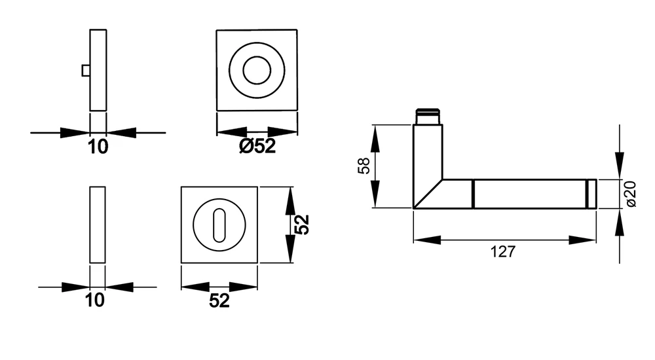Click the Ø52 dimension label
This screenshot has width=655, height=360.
point(257,146)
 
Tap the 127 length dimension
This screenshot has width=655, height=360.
point(503,252)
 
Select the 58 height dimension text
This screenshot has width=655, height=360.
point(364,166)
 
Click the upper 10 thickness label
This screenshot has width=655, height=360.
point(98,147)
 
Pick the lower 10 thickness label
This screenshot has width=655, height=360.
point(95,300)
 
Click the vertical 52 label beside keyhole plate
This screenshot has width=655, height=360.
point(303,225)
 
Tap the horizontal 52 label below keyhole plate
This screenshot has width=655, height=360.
point(219,301)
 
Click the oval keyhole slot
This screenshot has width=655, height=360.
point(219,225)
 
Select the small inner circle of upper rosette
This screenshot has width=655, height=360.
point(257,70)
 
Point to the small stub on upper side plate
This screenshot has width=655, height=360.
point(86,71)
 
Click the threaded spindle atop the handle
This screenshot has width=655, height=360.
point(428,117)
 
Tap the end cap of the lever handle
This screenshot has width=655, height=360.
point(591,194)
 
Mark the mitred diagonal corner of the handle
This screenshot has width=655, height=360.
point(428,194)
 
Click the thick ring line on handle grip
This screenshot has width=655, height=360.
point(473,194)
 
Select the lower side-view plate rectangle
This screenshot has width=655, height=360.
point(98,225)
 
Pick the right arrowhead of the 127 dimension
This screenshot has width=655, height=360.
point(582,240)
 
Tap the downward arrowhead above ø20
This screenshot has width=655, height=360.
point(620,166)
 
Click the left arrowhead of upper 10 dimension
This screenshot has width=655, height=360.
point(75,133)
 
